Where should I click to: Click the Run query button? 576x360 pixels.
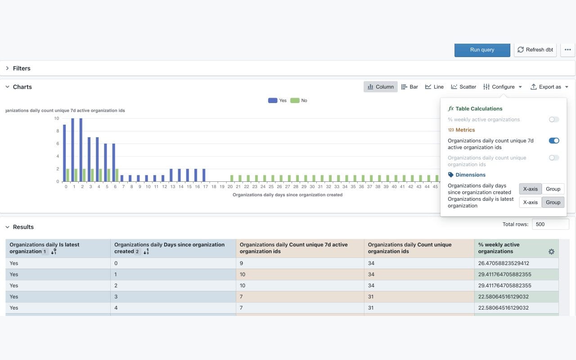pos(482,50)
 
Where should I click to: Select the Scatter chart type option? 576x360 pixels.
pos(463,87)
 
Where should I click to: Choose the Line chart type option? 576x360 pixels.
pos(434,87)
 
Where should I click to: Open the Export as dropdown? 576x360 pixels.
pos(549,87)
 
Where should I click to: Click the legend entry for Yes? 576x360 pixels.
pos(277,100)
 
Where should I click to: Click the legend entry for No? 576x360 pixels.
pos(299,100)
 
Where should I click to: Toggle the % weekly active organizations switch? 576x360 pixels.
pos(554,120)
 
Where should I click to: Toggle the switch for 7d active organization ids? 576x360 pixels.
pos(554,141)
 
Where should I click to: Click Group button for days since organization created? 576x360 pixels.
pos(553,189)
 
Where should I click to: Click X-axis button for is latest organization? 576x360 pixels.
pos(530,202)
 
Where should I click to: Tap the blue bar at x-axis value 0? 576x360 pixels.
pos(64,153)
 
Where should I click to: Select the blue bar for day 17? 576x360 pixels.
pos(204,175)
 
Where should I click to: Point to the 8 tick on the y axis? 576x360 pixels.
pos(57,131)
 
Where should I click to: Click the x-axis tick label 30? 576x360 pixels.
pos(312,187)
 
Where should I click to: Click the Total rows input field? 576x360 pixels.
pos(550,224)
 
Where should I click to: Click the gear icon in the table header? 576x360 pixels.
pos(551,252)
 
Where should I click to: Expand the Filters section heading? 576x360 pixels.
pos(22,68)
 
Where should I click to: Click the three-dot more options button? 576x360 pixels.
pos(567,50)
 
